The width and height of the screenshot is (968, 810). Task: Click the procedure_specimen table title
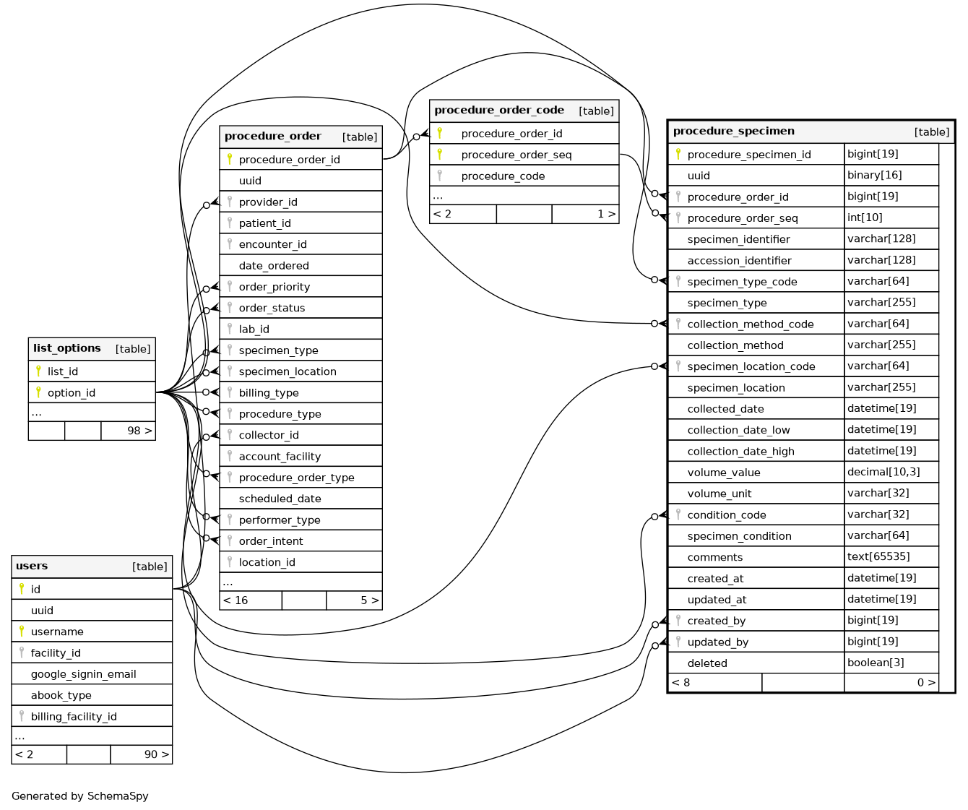point(733,132)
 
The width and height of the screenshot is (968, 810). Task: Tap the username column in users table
point(57,632)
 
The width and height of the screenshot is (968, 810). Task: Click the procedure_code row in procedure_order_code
point(503,176)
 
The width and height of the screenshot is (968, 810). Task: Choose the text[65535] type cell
point(878,557)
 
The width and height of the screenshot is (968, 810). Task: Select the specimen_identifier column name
point(738,239)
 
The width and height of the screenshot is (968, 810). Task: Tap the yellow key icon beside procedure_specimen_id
point(678,154)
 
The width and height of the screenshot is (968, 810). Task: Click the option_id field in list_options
point(71,393)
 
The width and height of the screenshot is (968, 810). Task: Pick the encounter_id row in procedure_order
point(272,244)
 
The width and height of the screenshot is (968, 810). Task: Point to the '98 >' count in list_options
point(139,431)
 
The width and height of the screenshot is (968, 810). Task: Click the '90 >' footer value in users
point(156,754)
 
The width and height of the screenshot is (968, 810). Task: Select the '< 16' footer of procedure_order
point(236,600)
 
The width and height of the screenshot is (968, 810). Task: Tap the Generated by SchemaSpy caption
point(80,796)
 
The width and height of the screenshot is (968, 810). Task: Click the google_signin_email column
point(83,674)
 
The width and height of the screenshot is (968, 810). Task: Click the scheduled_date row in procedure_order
point(280,499)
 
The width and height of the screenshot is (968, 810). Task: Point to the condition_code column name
point(726,515)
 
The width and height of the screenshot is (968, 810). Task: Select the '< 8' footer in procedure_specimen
point(680,683)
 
